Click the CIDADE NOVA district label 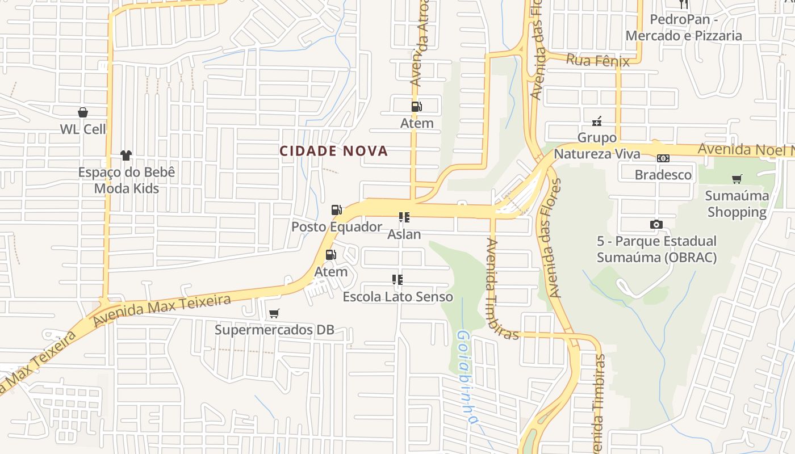coord(333,151)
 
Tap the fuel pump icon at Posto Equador coord(336,210)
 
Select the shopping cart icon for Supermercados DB coord(274,313)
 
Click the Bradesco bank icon coord(663,158)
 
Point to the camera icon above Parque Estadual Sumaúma coord(656,225)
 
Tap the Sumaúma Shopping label coord(737,204)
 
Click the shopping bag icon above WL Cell coord(83,112)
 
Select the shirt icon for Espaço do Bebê coord(126,155)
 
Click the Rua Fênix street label coord(598,60)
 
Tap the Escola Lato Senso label coord(397,296)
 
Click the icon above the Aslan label coord(404,217)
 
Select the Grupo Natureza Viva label coord(597,146)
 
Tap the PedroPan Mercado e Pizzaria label coord(684,27)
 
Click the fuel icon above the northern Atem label coord(416,106)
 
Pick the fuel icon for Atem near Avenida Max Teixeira coord(330,255)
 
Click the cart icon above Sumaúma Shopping coord(737,179)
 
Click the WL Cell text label coord(83,129)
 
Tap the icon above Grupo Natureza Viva coord(597,121)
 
